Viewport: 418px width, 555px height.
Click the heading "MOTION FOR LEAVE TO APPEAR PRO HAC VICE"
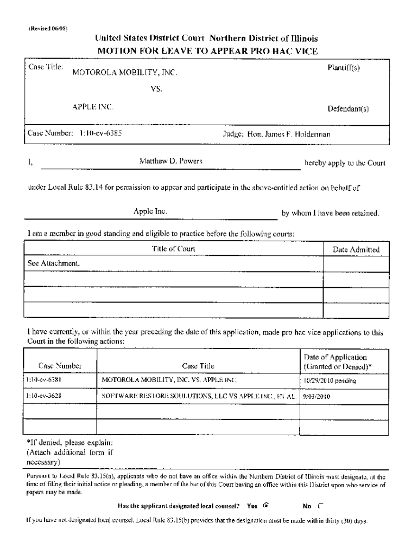pyautogui.click(x=207, y=51)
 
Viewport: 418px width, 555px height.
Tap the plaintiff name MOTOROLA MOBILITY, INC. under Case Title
pyautogui.click(x=124, y=73)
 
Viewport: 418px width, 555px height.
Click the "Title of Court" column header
pyautogui.click(x=173, y=249)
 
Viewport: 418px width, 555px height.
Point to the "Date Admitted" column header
pyautogui.click(x=356, y=249)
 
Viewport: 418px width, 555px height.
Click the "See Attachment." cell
pyautogui.click(x=54, y=263)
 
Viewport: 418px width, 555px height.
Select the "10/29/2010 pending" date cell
pyautogui.click(x=330, y=380)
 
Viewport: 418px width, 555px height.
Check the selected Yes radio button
pyautogui.click(x=266, y=506)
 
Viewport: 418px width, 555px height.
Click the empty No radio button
pyautogui.click(x=320, y=506)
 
